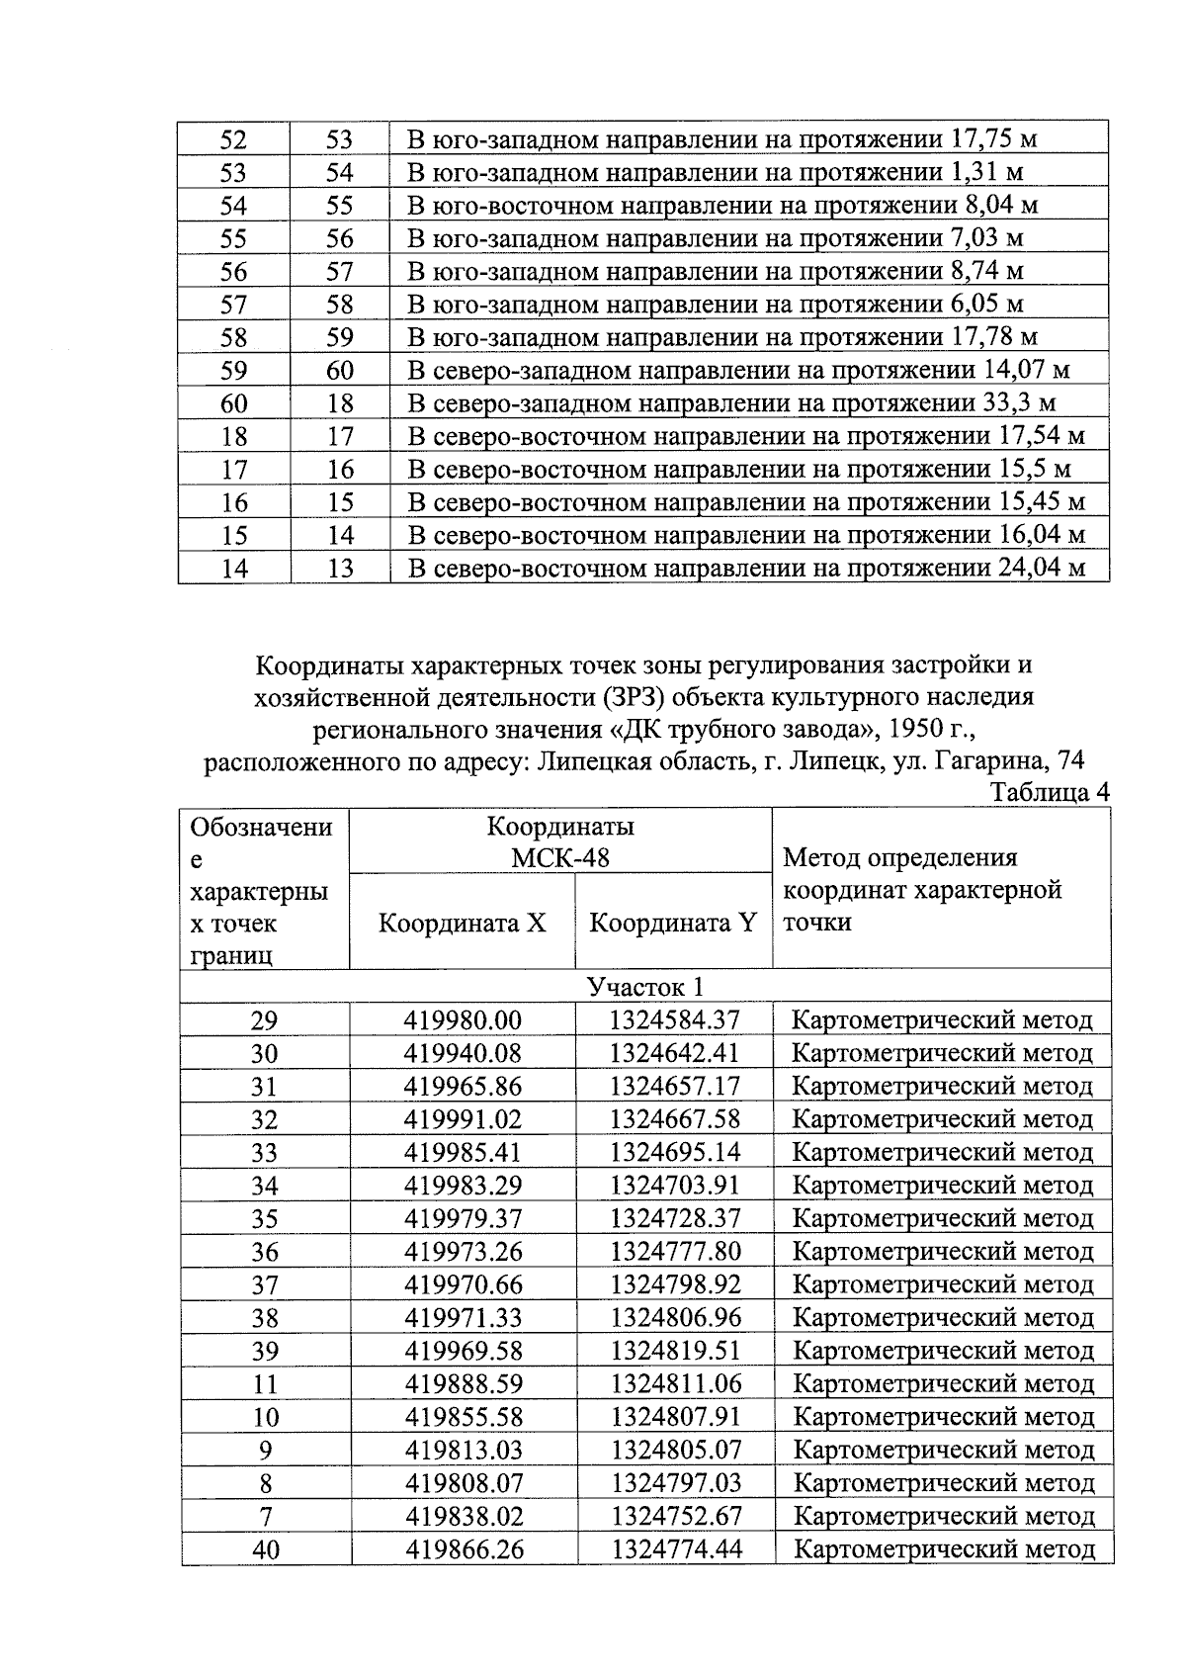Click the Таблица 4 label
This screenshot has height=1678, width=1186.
tap(1050, 793)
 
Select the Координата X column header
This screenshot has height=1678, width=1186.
tap(463, 923)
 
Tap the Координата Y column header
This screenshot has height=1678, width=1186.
tap(673, 923)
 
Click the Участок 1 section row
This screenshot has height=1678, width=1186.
tap(644, 987)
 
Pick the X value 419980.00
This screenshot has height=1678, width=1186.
tap(463, 1020)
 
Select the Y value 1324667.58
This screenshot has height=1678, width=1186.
tap(674, 1119)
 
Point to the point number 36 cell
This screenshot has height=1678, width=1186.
tap(265, 1252)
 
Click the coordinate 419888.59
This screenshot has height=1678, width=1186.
tap(463, 1383)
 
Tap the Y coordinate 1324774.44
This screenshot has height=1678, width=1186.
tap(676, 1549)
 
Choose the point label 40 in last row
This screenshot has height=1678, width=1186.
tap(265, 1549)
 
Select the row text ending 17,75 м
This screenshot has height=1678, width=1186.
tap(722, 139)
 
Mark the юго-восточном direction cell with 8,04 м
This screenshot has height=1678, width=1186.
tap(722, 206)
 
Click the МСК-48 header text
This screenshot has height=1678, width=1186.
tap(560, 857)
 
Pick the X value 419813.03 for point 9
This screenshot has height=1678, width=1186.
tap(463, 1450)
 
